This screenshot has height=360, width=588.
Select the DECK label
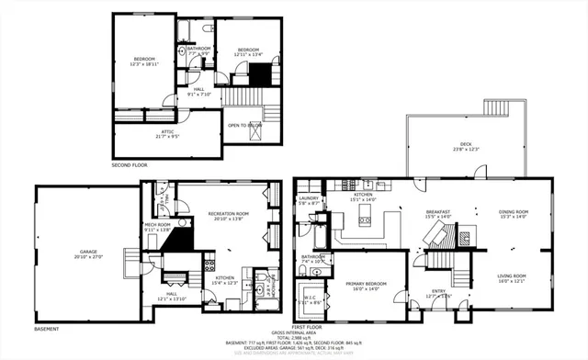pos(466,145)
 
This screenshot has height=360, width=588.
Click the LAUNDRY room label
pos(309,199)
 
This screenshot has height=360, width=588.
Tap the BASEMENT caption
pos(47,329)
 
